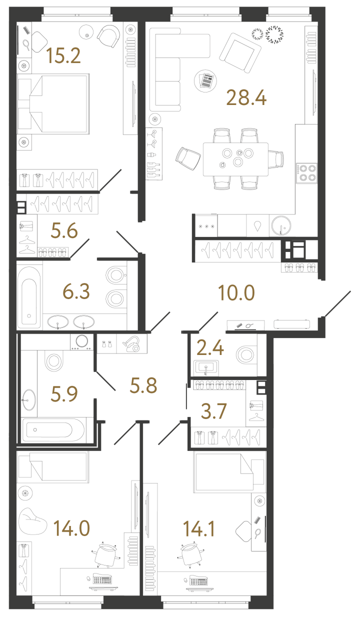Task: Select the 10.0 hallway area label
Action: click(x=236, y=293)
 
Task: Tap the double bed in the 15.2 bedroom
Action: click(x=54, y=104)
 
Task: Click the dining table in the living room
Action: click(x=235, y=158)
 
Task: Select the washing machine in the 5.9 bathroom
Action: click(x=81, y=342)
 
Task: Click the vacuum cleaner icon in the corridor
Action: click(x=132, y=344)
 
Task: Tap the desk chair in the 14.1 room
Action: click(x=190, y=554)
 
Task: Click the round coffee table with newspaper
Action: click(x=205, y=79)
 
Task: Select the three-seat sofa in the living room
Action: click(x=168, y=73)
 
